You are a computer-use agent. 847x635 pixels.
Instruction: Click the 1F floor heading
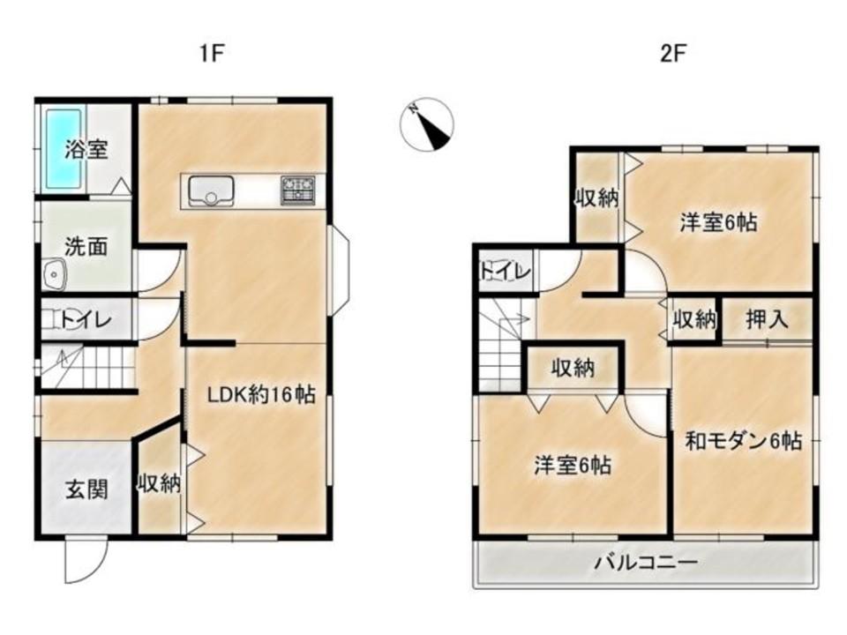[x=212, y=54]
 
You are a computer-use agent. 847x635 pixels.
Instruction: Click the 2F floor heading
[x=672, y=54]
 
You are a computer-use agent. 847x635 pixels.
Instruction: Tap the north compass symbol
[x=427, y=124]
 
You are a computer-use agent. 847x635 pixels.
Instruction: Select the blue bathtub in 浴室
[x=64, y=148]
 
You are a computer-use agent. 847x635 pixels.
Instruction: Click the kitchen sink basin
[x=211, y=191]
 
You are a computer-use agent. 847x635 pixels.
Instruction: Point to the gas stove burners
[x=297, y=190]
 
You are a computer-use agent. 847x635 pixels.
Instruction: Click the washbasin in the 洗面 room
[x=54, y=273]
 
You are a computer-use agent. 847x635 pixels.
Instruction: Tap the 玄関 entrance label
[x=86, y=489]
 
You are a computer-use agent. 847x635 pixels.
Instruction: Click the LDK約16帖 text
[x=262, y=395]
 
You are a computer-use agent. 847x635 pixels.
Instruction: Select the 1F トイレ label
[x=86, y=320]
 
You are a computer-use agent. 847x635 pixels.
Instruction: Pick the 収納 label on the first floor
[x=160, y=483]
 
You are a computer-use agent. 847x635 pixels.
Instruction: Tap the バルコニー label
[x=646, y=564]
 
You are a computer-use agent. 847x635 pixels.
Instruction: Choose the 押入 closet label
[x=767, y=319]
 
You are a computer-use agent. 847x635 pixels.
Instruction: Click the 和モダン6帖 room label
[x=743, y=442]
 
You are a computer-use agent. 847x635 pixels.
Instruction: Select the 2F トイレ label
[x=506, y=272]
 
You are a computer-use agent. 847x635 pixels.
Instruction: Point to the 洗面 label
[x=86, y=246]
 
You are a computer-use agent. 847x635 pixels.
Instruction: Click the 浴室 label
[x=86, y=150]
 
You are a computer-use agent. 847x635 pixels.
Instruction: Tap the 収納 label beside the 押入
[x=694, y=319]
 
